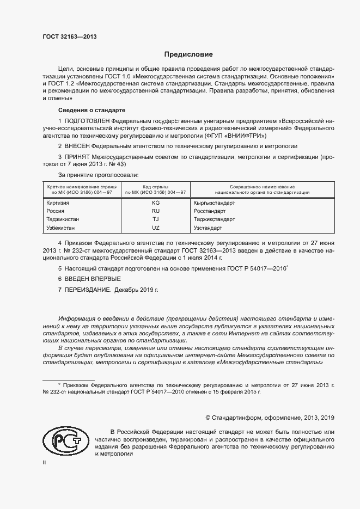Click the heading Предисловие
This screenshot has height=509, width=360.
188,54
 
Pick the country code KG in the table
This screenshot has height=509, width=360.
155,202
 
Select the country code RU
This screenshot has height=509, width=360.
155,211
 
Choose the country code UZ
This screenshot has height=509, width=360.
155,228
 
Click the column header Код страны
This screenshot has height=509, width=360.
155,187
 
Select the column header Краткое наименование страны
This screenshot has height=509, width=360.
81,187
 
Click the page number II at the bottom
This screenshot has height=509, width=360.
45,462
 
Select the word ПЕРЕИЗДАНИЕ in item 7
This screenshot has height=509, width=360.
88,290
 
